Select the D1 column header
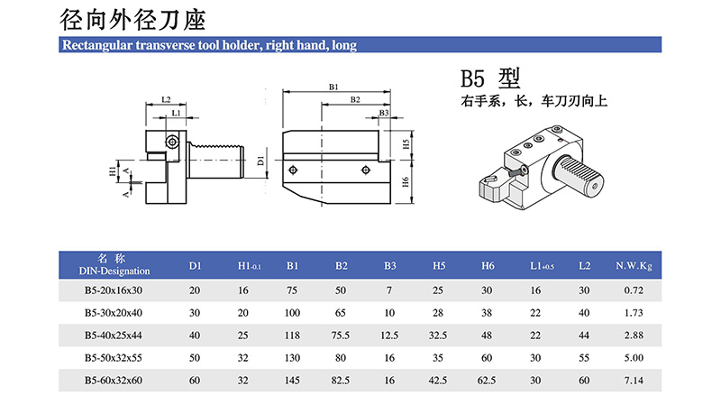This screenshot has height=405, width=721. [x=195, y=265]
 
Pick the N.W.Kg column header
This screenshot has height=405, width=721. [x=634, y=265]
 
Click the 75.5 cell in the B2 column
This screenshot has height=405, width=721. [x=342, y=336]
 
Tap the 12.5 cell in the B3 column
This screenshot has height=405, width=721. [x=389, y=336]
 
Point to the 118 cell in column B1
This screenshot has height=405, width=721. [x=293, y=336]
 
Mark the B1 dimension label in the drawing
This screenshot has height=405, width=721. [x=333, y=87]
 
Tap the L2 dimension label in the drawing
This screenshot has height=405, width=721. [x=166, y=99]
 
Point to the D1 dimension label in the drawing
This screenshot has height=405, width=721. [x=260, y=161]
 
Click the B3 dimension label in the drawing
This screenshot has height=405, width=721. [x=384, y=113]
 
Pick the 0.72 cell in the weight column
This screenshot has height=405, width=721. [x=633, y=290]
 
